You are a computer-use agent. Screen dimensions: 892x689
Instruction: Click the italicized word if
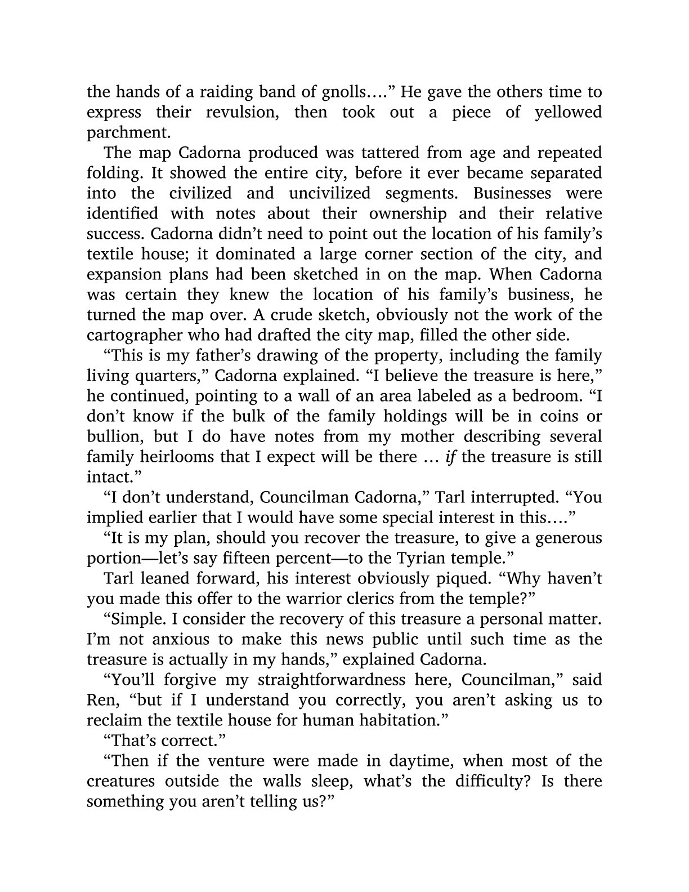tap(450, 457)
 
